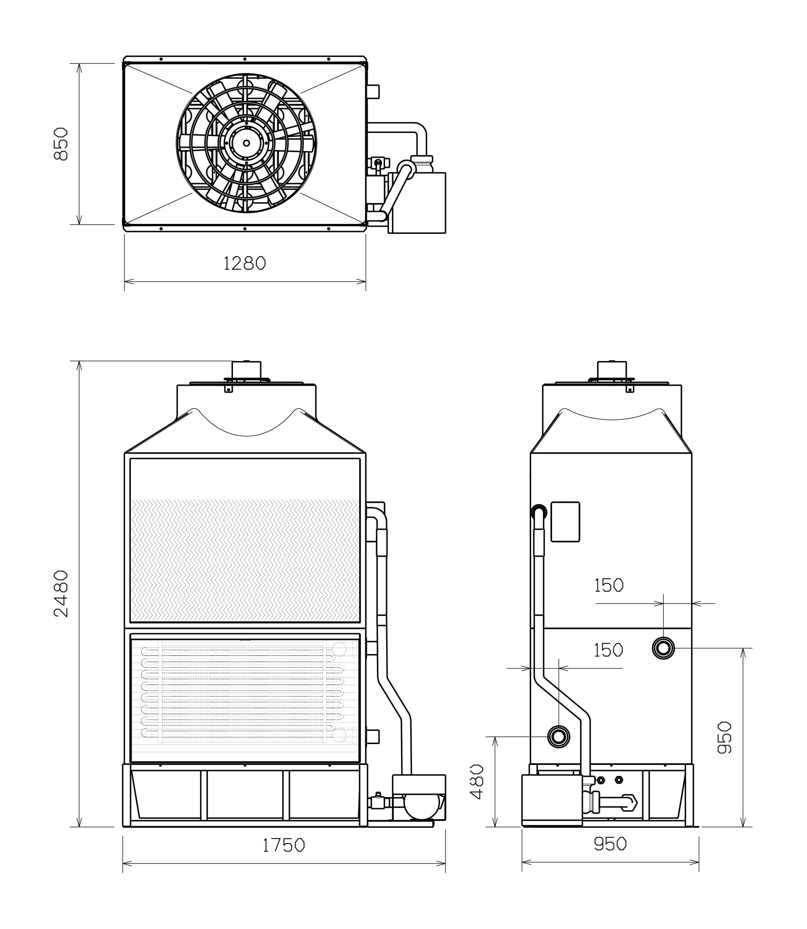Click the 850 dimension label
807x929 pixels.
click(61, 144)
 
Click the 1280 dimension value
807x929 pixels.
click(245, 263)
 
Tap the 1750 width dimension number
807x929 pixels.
click(284, 845)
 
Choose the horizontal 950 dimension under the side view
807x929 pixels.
click(610, 844)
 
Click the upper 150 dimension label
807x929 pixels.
click(609, 585)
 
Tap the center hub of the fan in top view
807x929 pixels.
click(246, 143)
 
